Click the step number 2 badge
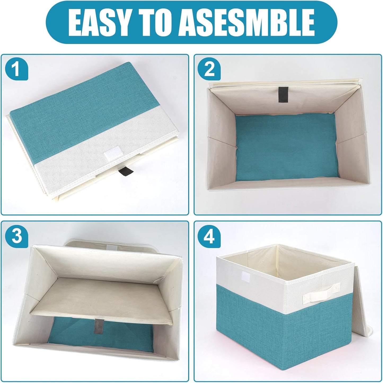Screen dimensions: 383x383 pos(209,69)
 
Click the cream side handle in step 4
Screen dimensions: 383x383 pos(321,292)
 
